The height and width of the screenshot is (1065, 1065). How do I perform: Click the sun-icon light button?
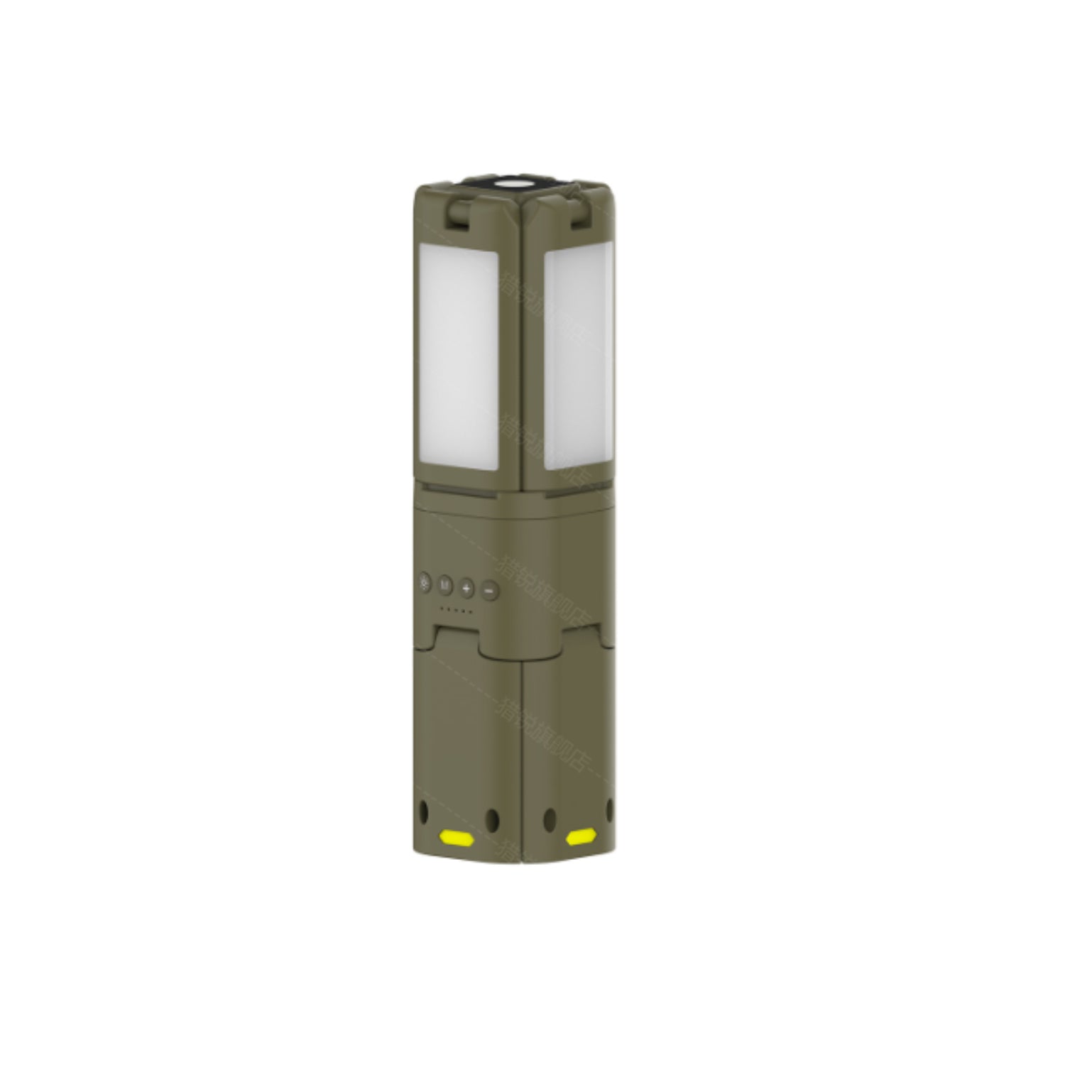[x=425, y=586]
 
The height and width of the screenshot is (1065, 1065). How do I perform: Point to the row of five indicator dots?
[x=457, y=610]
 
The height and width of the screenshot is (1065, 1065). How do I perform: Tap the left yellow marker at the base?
[x=457, y=839]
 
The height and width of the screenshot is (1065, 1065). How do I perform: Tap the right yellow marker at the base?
[x=579, y=838]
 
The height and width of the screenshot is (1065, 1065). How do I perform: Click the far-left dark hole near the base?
[x=425, y=809]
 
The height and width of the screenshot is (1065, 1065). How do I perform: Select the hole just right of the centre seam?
[x=547, y=819]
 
